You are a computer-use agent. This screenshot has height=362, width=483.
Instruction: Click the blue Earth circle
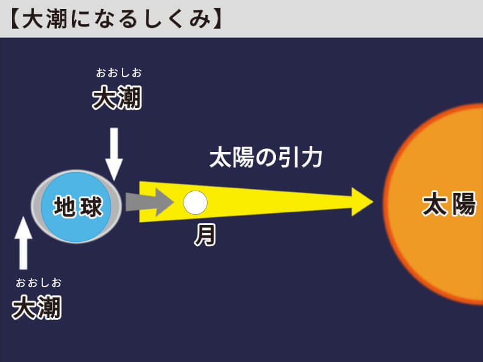point(76,206)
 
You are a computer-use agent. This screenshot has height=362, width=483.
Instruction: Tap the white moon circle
point(195,203)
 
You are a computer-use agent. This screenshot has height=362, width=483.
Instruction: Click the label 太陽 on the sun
point(449,204)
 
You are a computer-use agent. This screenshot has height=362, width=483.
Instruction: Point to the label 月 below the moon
point(205,235)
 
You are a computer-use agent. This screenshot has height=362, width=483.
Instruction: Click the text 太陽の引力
point(266,158)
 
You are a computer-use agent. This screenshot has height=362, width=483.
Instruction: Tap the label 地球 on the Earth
point(78,206)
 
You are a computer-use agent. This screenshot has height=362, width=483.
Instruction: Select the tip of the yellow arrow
point(373,202)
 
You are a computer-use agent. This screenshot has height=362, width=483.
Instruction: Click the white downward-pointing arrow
point(114,154)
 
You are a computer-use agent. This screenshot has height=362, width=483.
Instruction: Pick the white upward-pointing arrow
point(24,243)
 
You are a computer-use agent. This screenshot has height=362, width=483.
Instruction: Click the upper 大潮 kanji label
point(117,98)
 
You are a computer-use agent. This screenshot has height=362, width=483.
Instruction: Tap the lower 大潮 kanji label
point(37,307)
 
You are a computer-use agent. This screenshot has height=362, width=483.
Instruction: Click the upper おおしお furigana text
point(119,73)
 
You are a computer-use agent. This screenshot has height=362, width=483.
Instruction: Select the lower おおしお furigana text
point(39,282)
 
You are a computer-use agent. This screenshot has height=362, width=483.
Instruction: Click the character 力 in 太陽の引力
point(312,158)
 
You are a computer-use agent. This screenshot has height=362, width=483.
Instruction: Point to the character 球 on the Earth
point(91,207)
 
